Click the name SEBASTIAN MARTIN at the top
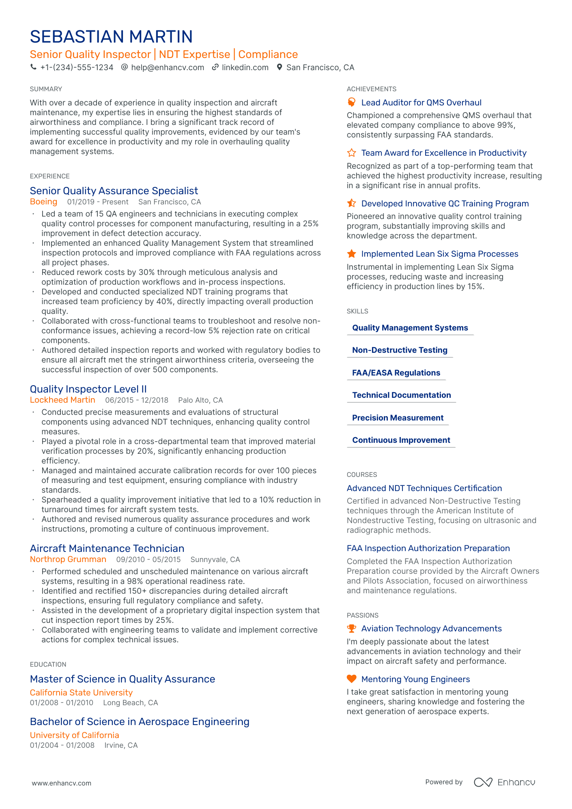(x=111, y=37)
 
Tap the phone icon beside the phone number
(x=33, y=67)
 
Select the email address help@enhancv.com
(x=167, y=67)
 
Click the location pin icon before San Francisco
(x=279, y=67)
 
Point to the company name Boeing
(x=43, y=202)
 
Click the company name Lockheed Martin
(x=62, y=400)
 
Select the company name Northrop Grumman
(x=68, y=560)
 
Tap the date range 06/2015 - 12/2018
(x=137, y=400)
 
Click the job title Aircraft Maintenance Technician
(x=107, y=549)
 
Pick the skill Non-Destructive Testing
(x=400, y=350)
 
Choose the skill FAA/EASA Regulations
(x=396, y=373)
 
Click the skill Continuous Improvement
(x=401, y=440)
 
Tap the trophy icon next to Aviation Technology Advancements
(x=351, y=629)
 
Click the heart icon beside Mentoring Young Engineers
(x=351, y=679)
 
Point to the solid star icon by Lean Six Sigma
(x=351, y=254)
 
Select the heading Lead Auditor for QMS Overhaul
(x=421, y=103)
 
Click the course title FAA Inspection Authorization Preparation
(x=428, y=548)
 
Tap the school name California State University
(x=81, y=693)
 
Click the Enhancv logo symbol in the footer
(x=483, y=782)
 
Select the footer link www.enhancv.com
(x=62, y=783)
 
